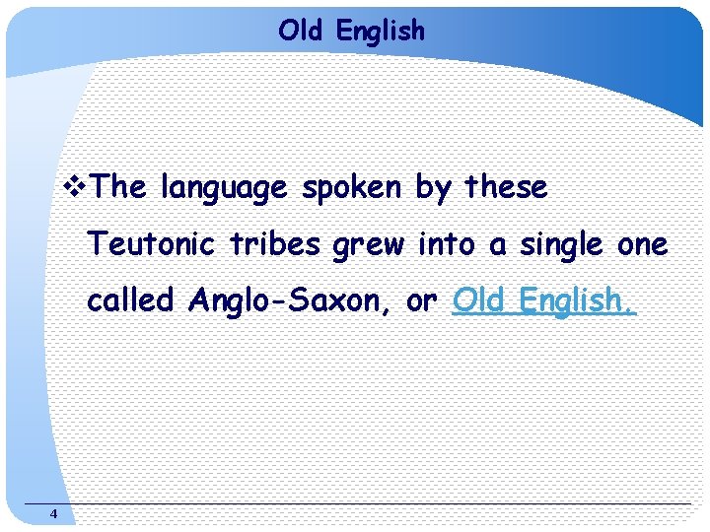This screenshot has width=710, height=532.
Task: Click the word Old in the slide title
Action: coord(302,31)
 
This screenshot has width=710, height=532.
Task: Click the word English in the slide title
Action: coord(380,32)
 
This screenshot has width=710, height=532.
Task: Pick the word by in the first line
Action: coord(433,188)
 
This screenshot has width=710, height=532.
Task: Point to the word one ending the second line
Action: coord(642,245)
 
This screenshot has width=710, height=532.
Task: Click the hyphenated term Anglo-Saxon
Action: coord(293,301)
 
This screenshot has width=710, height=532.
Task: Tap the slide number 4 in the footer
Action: coord(53,514)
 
